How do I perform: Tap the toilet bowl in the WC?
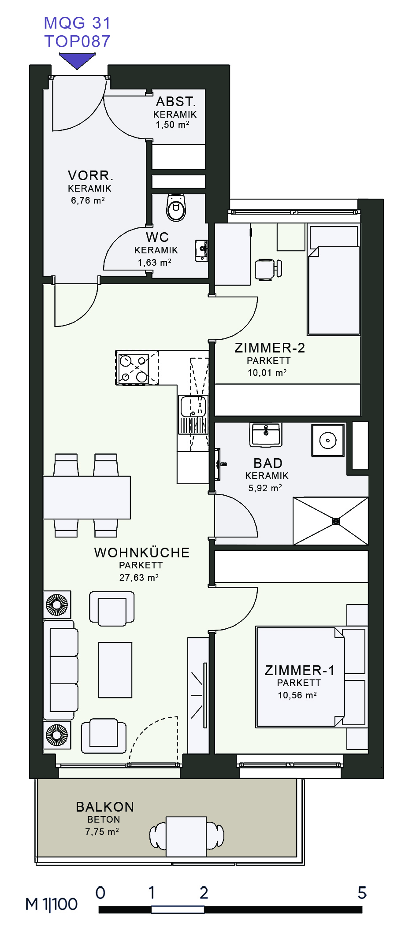(x=176, y=207)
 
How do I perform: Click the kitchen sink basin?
(x=193, y=406)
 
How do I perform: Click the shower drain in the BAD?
(x=336, y=521)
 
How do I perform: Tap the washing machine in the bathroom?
(x=328, y=440)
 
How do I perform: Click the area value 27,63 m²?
(x=139, y=577)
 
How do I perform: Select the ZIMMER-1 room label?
(x=300, y=670)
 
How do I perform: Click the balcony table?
(x=186, y=836)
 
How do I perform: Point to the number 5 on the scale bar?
(x=362, y=893)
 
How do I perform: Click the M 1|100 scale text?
(x=52, y=905)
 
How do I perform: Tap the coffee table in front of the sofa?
(x=115, y=670)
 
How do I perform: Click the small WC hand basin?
(x=202, y=250)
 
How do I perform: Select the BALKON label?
(x=105, y=807)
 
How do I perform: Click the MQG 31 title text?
(x=77, y=22)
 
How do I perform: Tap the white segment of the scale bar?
(x=178, y=910)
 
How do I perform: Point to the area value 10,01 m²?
(x=267, y=373)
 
